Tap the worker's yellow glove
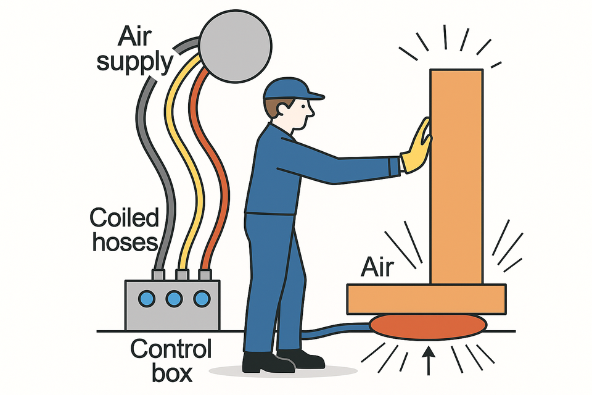417,148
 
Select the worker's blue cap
290,89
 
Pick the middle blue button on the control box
175,299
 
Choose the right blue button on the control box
201,299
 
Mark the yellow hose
179,154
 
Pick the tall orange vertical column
456,173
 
